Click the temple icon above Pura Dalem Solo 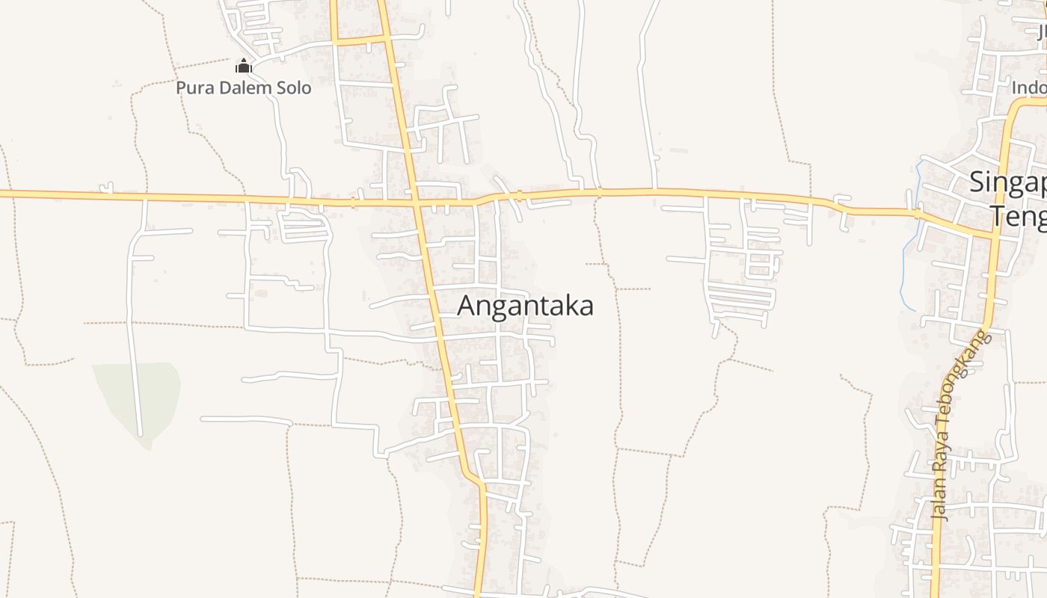[244, 67]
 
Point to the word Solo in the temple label [294, 88]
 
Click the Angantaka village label [525, 306]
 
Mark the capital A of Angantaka [467, 306]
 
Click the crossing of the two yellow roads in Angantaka [416, 202]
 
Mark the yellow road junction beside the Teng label [995, 235]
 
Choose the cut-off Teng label [1019, 216]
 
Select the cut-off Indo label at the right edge [1029, 88]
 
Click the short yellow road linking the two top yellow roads [359, 40]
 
